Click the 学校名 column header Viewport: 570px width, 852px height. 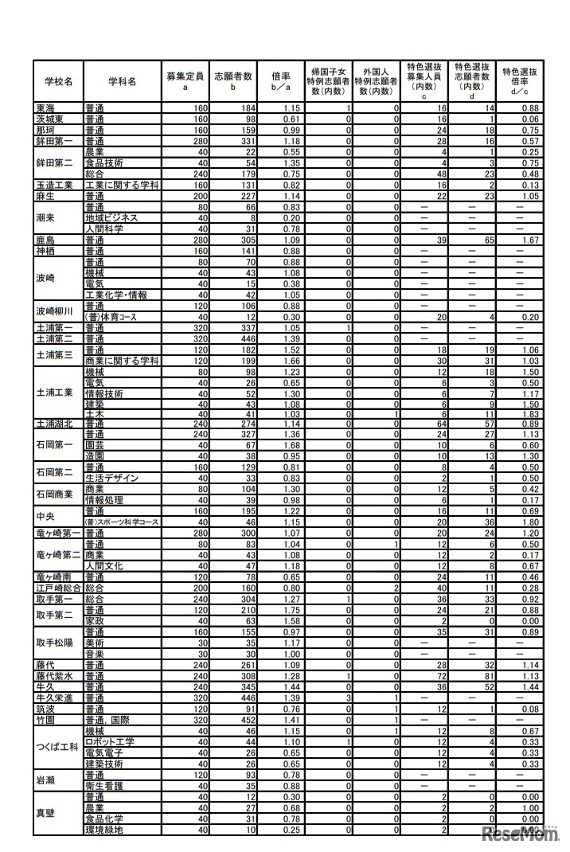click(58, 80)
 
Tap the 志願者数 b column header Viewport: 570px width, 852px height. click(232, 80)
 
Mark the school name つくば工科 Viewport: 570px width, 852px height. click(57, 747)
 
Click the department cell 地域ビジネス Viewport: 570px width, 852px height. click(111, 217)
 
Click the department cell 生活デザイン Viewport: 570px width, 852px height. click(111, 478)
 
